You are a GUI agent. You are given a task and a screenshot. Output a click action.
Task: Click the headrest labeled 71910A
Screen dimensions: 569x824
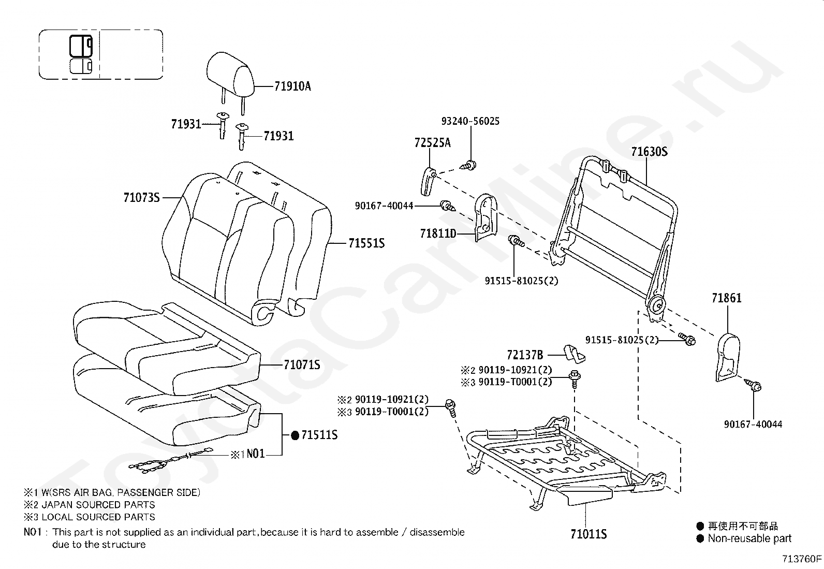[231, 75]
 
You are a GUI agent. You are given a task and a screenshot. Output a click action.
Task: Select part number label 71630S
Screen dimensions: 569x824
[649, 152]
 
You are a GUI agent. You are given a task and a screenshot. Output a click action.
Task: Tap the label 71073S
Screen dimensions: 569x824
[141, 197]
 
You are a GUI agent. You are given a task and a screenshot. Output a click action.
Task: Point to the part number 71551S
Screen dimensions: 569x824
[366, 243]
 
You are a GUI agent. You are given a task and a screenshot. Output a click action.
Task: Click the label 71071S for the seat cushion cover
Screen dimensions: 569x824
[302, 365]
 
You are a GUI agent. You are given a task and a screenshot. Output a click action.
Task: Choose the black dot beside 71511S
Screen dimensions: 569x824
[295, 435]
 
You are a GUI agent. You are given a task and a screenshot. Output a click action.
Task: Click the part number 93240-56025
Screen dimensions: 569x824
[470, 121]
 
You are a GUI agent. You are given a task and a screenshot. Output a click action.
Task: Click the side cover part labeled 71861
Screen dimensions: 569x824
[726, 355]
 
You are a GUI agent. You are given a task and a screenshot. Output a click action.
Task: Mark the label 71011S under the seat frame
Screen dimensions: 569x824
[588, 534]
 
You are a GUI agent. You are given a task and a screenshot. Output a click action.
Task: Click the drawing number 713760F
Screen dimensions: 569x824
[802, 559]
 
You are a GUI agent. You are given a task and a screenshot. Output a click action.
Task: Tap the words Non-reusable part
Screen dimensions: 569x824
[749, 538]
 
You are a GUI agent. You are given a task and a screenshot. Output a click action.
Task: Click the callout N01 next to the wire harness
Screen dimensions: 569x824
[255, 454]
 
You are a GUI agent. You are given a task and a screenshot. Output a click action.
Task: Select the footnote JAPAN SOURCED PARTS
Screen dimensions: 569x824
[98, 504]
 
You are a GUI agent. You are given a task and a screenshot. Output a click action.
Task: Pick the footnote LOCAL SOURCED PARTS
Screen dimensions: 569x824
[98, 517]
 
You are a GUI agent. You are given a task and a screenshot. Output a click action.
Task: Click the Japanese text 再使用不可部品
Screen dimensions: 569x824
[743, 526]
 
